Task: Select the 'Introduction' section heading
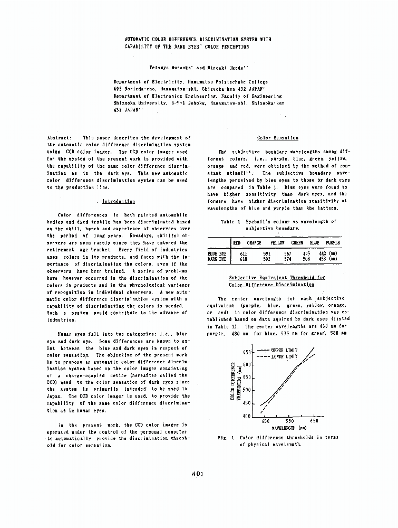[x=115, y=201]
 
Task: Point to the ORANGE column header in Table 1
[x=254, y=242]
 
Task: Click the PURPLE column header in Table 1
[x=333, y=242]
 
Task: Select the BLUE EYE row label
[x=217, y=253]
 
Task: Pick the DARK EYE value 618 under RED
[x=244, y=259]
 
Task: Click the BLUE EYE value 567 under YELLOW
[x=288, y=253]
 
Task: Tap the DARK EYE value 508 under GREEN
[x=307, y=259]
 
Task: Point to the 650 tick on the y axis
[x=247, y=352]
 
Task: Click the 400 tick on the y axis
[x=247, y=417]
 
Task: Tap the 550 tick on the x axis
[x=290, y=421]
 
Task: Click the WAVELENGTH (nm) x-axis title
[x=289, y=428]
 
